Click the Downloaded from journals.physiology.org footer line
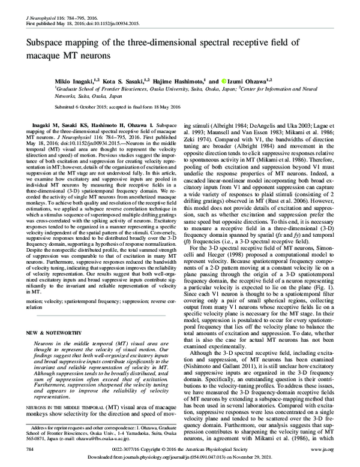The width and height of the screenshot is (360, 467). coord(180,457)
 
